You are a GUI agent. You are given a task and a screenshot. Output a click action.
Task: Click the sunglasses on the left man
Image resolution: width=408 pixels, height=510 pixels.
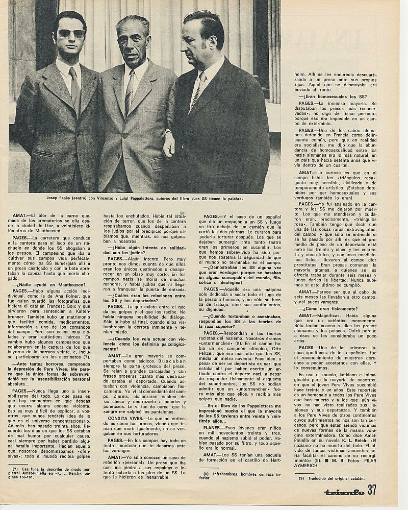(x=71, y=34)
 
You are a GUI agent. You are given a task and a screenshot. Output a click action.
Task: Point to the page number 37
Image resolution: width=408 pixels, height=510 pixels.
(x=372, y=491)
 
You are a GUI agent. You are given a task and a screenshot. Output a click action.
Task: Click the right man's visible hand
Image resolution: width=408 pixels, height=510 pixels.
(x=169, y=144)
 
